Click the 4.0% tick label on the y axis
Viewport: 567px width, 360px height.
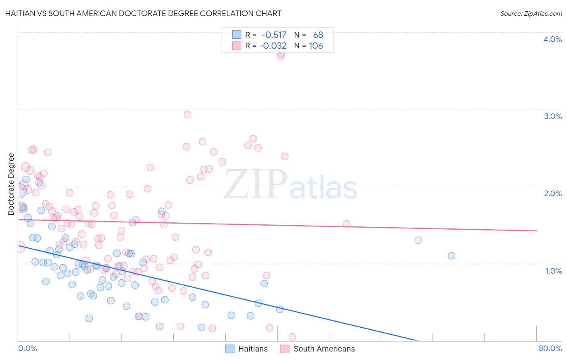(x=552, y=39)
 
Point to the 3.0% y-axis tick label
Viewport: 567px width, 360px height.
(x=552, y=116)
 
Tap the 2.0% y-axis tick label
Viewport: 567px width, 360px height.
(x=552, y=193)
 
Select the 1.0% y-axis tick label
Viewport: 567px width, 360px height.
(x=553, y=271)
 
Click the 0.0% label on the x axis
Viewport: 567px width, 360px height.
(x=27, y=348)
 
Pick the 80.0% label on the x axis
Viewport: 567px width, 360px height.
(x=550, y=348)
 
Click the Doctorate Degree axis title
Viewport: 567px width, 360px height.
(x=11, y=184)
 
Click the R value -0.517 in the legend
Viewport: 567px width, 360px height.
(x=274, y=35)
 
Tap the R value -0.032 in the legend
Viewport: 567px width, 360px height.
(x=273, y=46)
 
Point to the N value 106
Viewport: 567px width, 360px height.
(x=316, y=46)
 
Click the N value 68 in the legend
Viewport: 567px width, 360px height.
(x=318, y=35)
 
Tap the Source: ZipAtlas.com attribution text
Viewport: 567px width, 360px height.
(x=531, y=13)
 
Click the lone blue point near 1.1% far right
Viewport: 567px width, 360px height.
(x=452, y=255)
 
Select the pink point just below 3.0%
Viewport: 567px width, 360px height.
(x=187, y=114)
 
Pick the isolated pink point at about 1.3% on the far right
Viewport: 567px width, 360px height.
(x=418, y=240)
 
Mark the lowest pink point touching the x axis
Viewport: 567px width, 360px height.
(x=292, y=337)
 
